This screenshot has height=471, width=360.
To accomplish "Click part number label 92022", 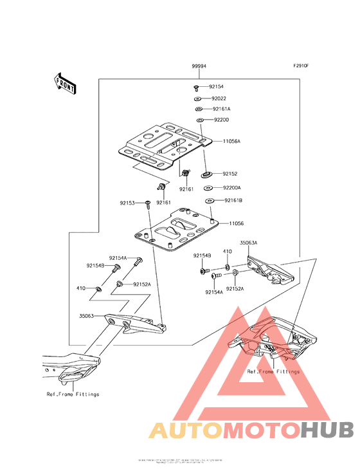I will (220, 98).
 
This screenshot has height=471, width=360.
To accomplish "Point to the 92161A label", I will (222, 109).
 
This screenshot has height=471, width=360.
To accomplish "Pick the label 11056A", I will (231, 140).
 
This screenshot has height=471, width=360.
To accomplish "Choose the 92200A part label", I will (231, 188).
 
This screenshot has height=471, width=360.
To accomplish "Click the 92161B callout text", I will (233, 201).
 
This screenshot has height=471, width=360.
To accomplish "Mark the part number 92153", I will (127, 203).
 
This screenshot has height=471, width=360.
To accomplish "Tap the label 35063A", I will (249, 243).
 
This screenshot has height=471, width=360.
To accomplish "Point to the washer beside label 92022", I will (198, 98).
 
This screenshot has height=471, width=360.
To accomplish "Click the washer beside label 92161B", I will (210, 201).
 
